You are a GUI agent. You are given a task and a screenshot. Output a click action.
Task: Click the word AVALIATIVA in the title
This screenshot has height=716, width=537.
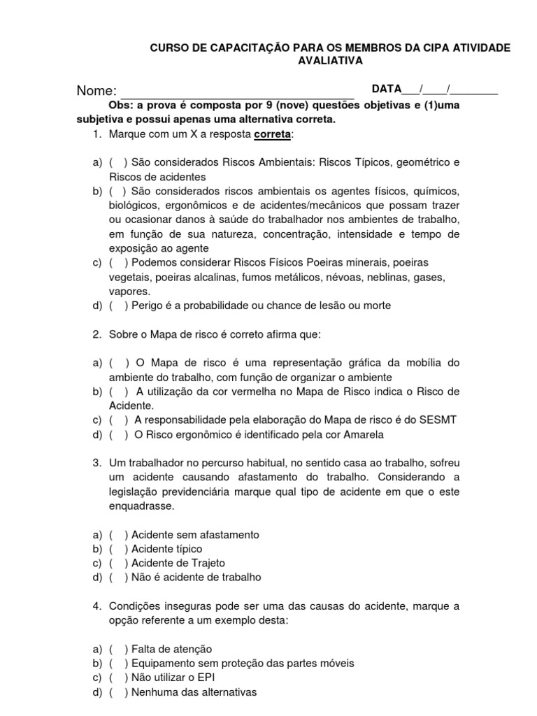[x=331, y=61]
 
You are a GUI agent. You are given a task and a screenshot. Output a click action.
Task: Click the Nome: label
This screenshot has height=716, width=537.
[x=96, y=91]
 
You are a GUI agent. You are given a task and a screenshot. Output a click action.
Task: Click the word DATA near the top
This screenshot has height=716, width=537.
[x=387, y=89]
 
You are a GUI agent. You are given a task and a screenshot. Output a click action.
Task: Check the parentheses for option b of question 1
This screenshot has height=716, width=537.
[x=117, y=192]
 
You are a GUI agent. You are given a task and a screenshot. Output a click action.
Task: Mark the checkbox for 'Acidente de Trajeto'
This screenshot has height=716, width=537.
[x=117, y=563]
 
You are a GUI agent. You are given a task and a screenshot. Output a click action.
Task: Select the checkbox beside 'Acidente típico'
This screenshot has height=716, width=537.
[x=117, y=549]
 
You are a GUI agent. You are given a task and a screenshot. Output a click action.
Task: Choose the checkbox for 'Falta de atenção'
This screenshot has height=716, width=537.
[x=117, y=649]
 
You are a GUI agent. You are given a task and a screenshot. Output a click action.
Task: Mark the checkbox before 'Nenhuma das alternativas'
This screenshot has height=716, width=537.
[x=117, y=692]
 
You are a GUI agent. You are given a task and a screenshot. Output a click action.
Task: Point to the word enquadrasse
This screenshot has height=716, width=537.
[x=142, y=506]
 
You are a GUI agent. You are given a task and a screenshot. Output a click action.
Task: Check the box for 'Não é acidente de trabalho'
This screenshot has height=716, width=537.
[x=117, y=578]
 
